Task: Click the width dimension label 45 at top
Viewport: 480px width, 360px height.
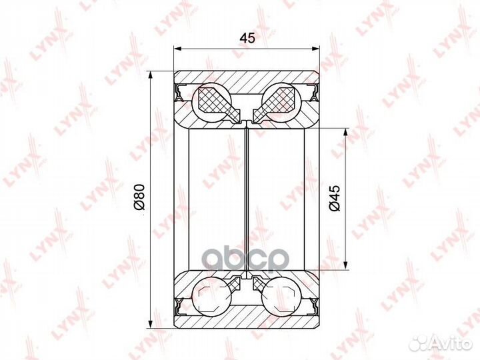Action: (247, 38)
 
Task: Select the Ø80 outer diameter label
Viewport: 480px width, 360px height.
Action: (139, 197)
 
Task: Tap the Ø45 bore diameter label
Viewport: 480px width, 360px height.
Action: (335, 198)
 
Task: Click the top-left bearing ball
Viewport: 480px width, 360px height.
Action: (211, 103)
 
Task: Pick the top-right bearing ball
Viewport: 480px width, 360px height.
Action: (282, 103)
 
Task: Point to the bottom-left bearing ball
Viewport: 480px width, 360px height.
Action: (211, 296)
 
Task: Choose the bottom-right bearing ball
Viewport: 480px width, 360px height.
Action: (282, 296)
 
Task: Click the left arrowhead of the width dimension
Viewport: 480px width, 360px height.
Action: (177, 49)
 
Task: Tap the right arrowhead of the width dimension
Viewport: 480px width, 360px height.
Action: (315, 49)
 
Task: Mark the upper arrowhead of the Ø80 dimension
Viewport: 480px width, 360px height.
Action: (150, 75)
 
